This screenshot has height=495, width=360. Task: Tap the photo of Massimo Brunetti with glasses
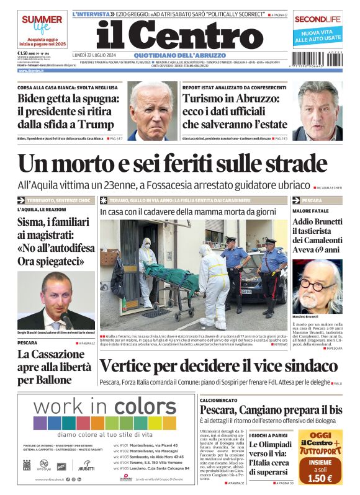(x=317, y=286)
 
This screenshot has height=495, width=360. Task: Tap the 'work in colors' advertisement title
(x=96, y=408)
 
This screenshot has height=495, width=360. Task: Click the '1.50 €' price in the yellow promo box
(x=321, y=478)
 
